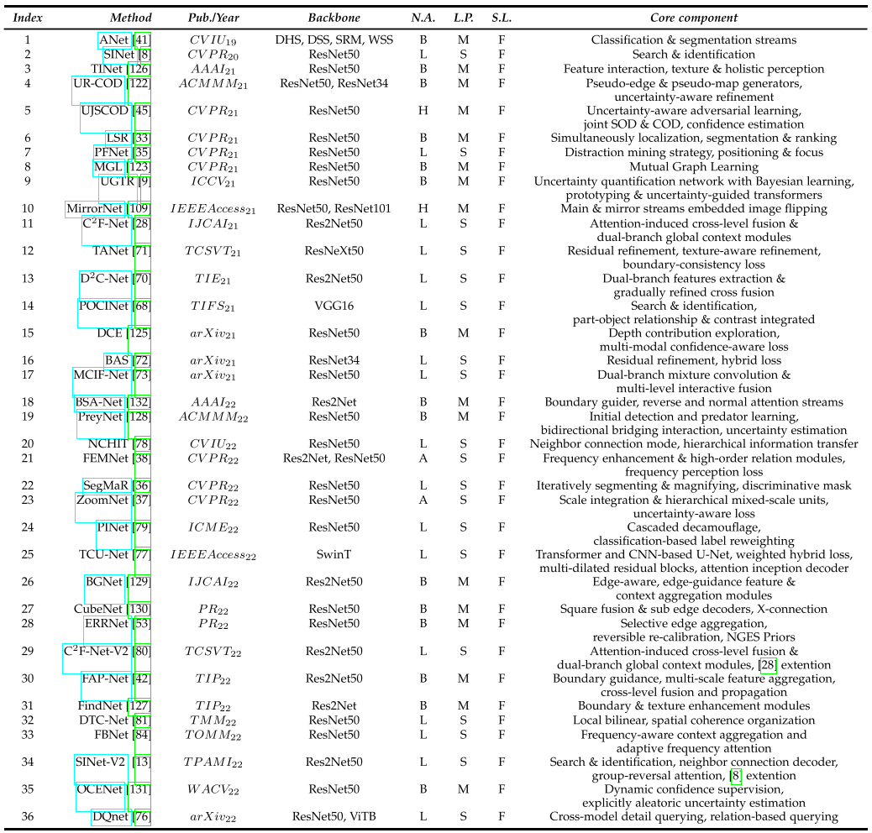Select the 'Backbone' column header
pos(334,18)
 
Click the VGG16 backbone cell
pos(334,305)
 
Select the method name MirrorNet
pos(96,208)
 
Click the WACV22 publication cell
pos(220,789)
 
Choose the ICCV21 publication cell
pos(220,181)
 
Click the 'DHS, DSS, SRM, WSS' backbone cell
pos(334,39)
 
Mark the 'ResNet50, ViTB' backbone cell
pos(334,816)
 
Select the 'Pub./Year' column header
pos(220,18)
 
